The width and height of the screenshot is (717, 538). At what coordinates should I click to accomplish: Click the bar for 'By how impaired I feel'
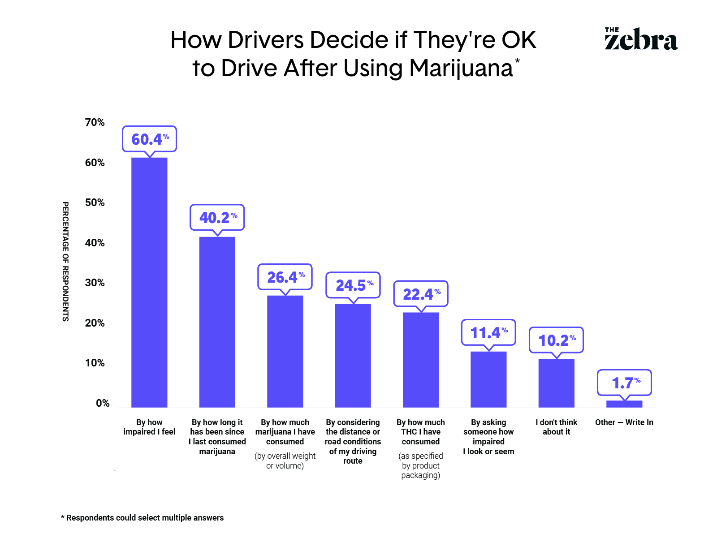click(x=149, y=282)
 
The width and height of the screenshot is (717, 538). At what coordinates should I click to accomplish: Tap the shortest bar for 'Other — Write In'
click(x=624, y=404)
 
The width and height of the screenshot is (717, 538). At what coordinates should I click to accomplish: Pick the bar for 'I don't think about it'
click(x=557, y=383)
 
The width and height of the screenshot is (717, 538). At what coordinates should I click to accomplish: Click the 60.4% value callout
click(x=150, y=139)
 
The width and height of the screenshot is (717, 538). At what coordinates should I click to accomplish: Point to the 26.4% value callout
click(x=285, y=277)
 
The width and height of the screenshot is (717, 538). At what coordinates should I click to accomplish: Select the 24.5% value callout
click(x=353, y=285)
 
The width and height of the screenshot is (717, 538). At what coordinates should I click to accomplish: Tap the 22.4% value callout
click(x=421, y=294)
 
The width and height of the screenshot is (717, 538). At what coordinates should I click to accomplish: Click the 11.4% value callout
click(x=488, y=332)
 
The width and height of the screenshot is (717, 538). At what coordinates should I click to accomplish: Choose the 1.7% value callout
click(x=625, y=383)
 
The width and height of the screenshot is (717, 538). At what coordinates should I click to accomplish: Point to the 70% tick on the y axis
click(x=95, y=122)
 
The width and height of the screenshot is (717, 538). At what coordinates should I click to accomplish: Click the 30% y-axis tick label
click(x=95, y=283)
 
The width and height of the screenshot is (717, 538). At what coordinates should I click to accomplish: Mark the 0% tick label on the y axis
click(x=103, y=403)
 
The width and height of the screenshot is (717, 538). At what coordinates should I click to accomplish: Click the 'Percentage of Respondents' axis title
click(x=65, y=262)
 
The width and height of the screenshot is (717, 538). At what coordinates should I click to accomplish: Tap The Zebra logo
click(x=641, y=39)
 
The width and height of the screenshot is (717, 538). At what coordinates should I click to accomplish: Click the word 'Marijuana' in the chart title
click(x=461, y=68)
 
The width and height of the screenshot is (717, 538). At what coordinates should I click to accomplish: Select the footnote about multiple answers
click(x=143, y=518)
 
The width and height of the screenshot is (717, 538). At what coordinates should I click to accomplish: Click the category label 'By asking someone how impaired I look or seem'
click(x=488, y=437)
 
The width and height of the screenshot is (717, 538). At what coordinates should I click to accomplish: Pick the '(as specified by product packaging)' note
click(x=421, y=465)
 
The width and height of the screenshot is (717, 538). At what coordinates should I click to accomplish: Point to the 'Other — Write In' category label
click(x=624, y=422)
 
